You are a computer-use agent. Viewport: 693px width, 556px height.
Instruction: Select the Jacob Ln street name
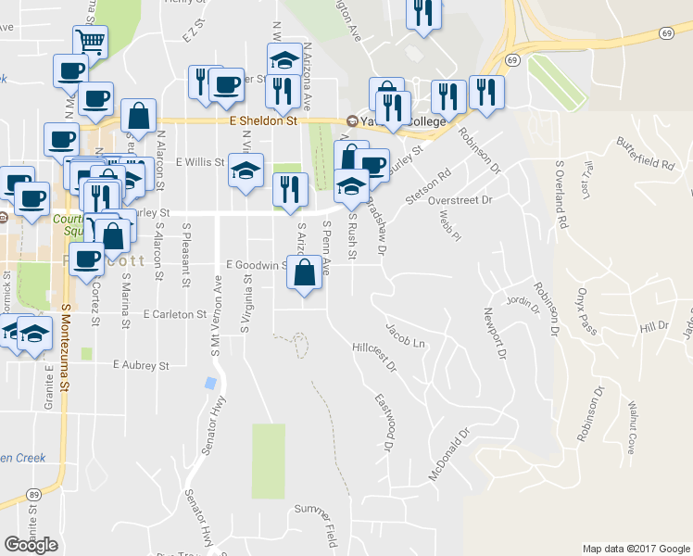coord(405,335)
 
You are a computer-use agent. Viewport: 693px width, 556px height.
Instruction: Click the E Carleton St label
coord(174,315)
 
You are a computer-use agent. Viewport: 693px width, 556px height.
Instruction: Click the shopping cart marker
coord(90,40)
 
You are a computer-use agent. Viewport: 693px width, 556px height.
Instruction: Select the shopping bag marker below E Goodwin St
coord(305,272)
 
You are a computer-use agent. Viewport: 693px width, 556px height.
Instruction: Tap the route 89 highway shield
coord(33,496)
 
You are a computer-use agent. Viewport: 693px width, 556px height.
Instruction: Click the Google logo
coord(31,545)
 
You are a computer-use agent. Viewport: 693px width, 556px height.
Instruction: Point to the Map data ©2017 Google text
coord(636,549)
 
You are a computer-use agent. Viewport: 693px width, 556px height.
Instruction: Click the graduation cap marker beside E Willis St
coord(246,171)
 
